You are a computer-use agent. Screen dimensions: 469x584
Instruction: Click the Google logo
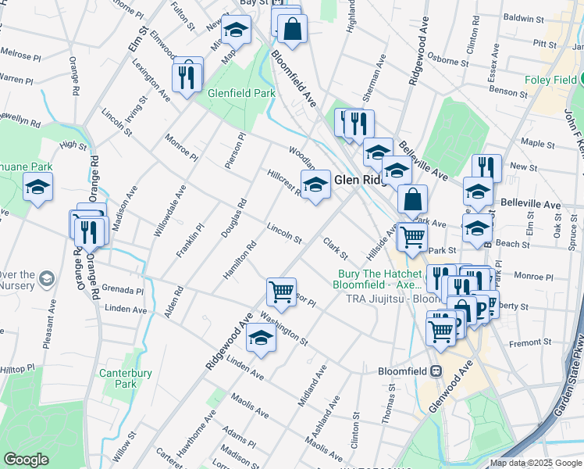tap(26, 460)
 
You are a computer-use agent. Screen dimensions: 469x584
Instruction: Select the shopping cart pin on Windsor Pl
tap(280, 292)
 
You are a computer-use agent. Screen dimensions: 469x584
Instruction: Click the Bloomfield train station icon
tap(436, 371)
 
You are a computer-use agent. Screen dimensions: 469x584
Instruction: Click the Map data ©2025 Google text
tap(536, 463)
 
